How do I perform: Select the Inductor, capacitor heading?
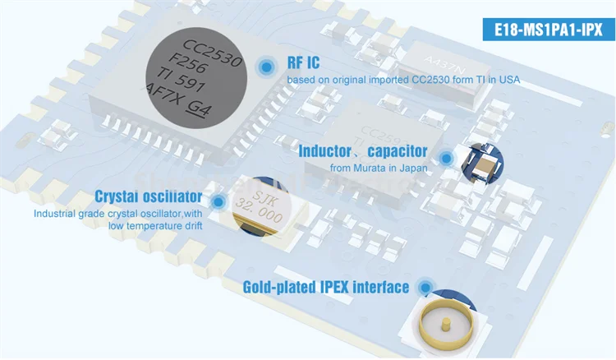point(362,151)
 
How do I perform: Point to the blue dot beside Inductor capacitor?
point(447,157)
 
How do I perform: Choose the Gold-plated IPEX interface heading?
point(326,287)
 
